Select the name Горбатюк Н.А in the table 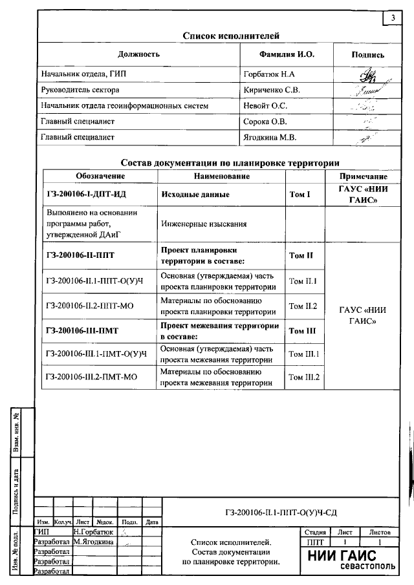[270, 74]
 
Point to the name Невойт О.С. [265, 105]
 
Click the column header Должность [138, 54]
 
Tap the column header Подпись [367, 55]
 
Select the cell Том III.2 [304, 377]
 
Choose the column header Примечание [363, 176]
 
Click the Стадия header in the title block [314, 531]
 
